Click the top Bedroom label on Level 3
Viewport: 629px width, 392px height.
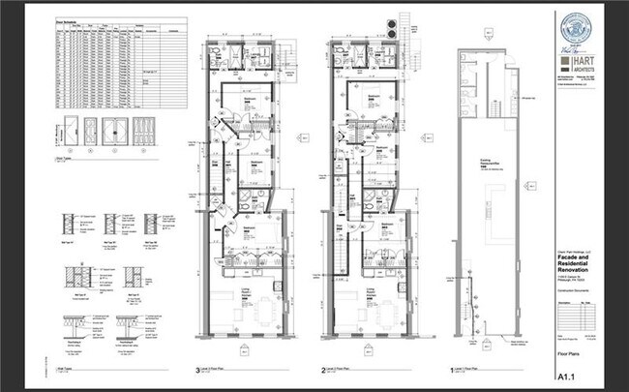(249, 99)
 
